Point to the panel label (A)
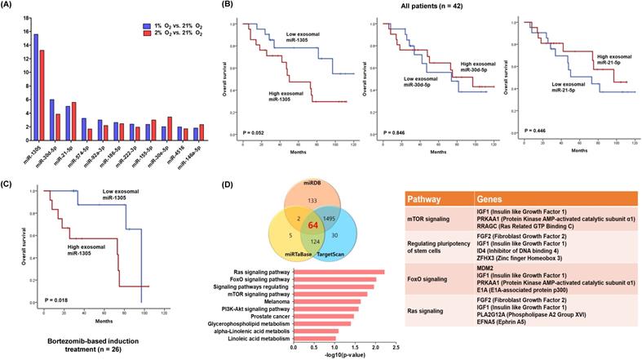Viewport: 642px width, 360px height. point(10,6)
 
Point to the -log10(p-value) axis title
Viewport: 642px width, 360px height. point(343,355)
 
